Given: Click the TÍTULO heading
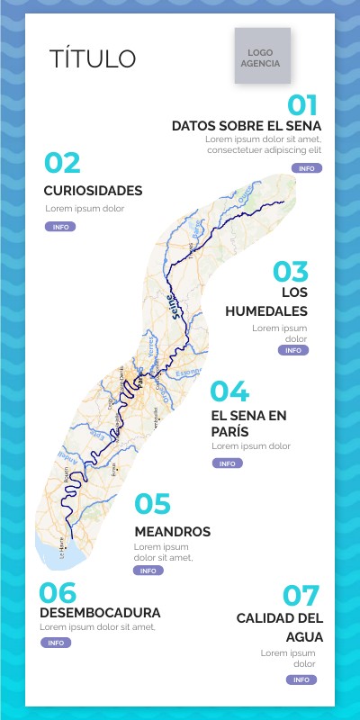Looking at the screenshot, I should point(93,59).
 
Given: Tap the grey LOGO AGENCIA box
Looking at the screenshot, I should point(263,57).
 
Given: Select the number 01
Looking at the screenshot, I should point(302,103).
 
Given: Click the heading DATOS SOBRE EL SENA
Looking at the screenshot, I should point(247,125).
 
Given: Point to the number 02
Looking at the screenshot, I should point(63,163).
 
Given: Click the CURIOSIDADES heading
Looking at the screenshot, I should point(93,191).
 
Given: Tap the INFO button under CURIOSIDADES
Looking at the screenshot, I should point(60,227).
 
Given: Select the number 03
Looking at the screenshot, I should point(291,272).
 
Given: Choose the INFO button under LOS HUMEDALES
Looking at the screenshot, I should point(293,350).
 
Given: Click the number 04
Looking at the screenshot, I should point(229,391).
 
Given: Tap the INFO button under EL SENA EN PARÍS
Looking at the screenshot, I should point(227,463).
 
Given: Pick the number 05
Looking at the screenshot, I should point(152,504).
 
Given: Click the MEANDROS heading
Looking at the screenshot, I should point(172,532).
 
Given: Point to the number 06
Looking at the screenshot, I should point(58,592).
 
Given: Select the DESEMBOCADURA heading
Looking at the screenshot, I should point(100,612).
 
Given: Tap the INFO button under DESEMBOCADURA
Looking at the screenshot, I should point(56,643).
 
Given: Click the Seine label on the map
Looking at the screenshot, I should point(175,306).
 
